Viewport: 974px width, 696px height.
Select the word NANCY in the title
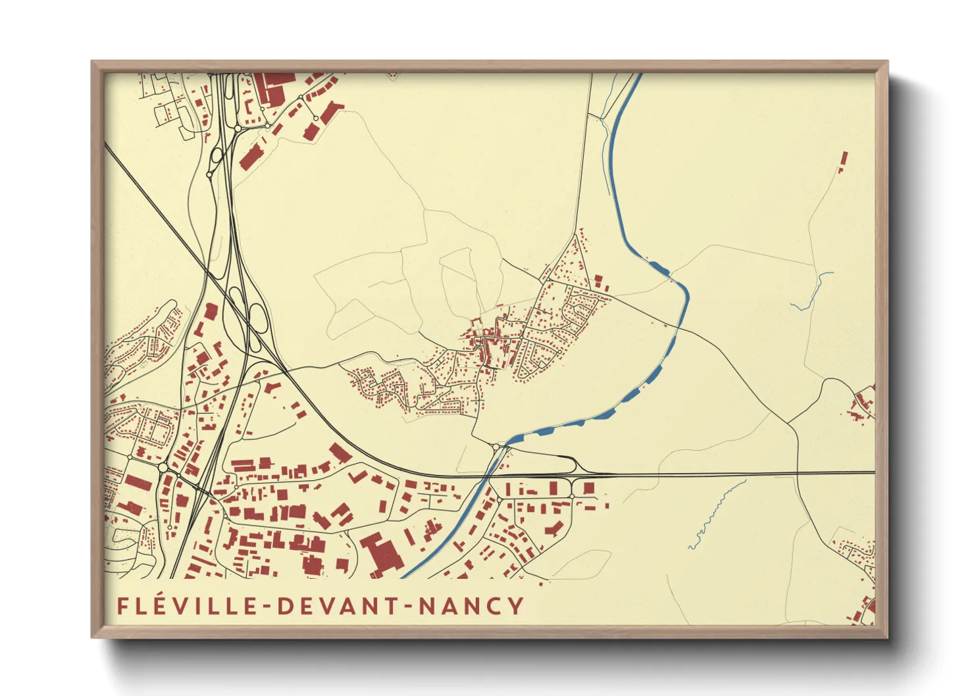(x=471, y=605)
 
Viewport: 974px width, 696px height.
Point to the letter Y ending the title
(x=516, y=605)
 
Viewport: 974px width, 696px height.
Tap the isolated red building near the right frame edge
(x=844, y=160)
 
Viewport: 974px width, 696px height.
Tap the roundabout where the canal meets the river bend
(x=495, y=447)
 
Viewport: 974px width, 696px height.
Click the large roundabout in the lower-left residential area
(x=163, y=467)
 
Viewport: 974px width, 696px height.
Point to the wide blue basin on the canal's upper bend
(x=659, y=267)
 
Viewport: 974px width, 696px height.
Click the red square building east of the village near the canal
(x=600, y=282)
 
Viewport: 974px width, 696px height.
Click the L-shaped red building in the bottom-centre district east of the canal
(x=553, y=528)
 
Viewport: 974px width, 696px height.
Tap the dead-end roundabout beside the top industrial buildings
(x=316, y=118)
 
